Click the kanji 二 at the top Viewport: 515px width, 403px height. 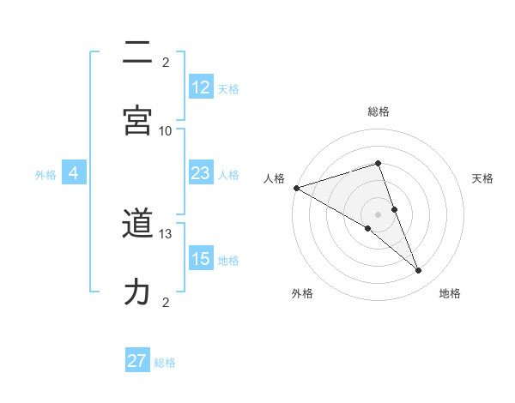(137, 53)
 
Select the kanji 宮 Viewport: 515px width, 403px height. (137, 119)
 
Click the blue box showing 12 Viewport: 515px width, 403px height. (201, 87)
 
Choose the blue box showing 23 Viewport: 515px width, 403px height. (201, 173)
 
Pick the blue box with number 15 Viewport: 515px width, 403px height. (201, 259)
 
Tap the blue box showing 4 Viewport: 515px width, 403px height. (74, 173)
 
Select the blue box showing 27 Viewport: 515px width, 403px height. (137, 361)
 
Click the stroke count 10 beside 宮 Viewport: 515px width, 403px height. (166, 130)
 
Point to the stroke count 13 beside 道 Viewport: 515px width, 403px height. (166, 233)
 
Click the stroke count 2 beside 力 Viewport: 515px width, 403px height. (166, 302)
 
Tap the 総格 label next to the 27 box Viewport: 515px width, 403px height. (165, 363)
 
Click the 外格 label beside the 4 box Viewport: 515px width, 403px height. (45, 175)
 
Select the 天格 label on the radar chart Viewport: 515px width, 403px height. (483, 178)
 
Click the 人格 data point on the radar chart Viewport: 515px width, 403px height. (296, 188)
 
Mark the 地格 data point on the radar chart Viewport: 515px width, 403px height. (419, 271)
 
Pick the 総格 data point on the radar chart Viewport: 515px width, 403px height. (378, 163)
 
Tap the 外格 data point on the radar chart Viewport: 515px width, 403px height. (367, 228)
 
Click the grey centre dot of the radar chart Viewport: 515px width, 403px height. (378, 214)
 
